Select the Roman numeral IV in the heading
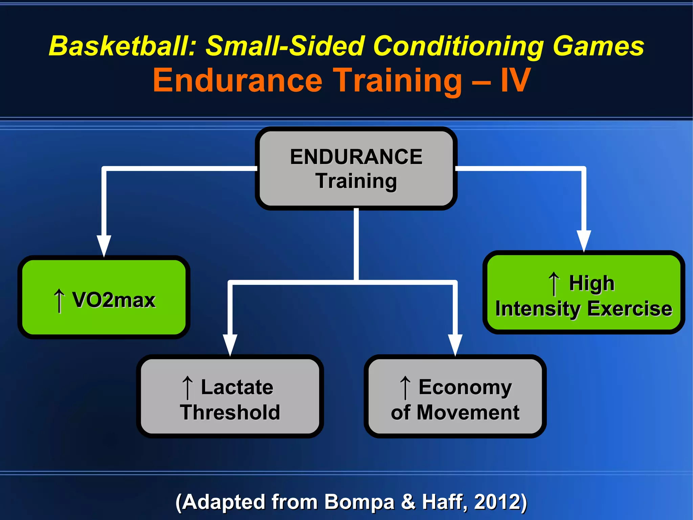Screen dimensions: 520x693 click(x=515, y=80)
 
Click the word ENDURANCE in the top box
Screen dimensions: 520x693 click(x=356, y=157)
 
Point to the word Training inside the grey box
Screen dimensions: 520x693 click(x=356, y=181)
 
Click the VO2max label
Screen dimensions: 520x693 click(x=114, y=300)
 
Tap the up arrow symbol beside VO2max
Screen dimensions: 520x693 click(x=59, y=300)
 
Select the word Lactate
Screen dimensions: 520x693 click(x=237, y=387)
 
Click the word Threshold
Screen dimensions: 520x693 click(x=230, y=413)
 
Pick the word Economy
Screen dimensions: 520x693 click(x=465, y=387)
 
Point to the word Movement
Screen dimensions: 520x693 click(x=468, y=413)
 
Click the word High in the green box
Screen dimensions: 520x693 click(x=591, y=283)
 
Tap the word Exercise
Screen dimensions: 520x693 click(x=629, y=309)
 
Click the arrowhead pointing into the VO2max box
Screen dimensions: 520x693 click(x=104, y=245)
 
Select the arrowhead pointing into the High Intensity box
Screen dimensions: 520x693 click(x=584, y=241)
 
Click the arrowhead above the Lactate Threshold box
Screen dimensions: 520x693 click(x=230, y=345)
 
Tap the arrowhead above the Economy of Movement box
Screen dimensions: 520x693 click(x=455, y=345)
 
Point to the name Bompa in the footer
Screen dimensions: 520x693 click(x=359, y=502)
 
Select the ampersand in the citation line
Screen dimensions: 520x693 click(x=408, y=502)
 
